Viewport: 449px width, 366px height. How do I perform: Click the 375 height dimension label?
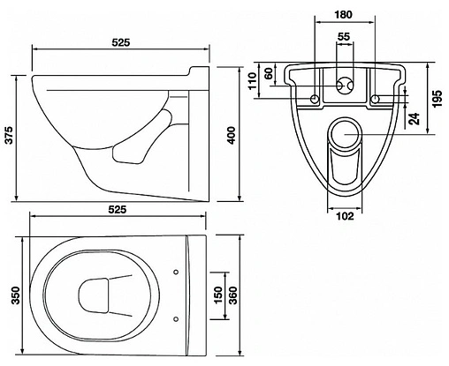coord(10,135)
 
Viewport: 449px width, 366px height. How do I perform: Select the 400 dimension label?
coord(232,135)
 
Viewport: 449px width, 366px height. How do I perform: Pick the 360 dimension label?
coord(233,295)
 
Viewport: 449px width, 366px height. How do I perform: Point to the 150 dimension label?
coord(217,295)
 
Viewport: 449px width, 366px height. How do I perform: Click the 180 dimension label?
coord(344,14)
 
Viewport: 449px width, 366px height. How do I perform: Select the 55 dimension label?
coord(344,36)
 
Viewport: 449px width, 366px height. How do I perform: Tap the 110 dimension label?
coord(253,81)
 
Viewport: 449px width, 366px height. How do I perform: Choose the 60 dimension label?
coord(269,73)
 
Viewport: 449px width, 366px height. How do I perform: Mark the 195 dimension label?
coord(438,99)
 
